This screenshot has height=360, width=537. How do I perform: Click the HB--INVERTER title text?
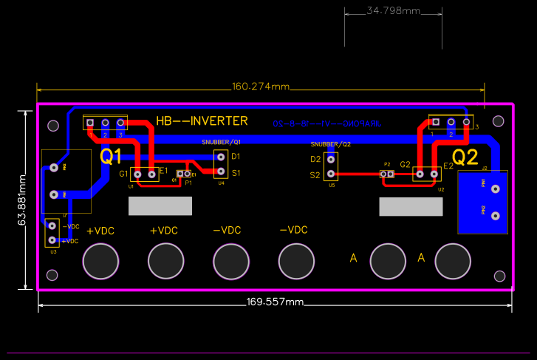(202, 121)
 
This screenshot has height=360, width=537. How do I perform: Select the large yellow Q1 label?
(111, 156)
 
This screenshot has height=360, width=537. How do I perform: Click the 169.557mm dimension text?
(274, 302)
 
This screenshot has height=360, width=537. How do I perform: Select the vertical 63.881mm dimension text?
(22, 200)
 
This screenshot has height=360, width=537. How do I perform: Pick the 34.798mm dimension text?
(393, 11)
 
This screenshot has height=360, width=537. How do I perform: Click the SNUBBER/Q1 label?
(222, 140)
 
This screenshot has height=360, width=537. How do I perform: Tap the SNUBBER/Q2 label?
(330, 144)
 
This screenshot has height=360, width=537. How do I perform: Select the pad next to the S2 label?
(331, 174)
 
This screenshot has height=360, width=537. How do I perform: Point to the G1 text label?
(123, 174)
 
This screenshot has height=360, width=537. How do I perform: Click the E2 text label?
(448, 166)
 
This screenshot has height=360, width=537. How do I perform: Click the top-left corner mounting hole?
(52, 126)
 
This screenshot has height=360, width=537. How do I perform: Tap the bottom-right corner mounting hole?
(499, 276)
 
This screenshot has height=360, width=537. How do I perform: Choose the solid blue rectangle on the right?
(484, 202)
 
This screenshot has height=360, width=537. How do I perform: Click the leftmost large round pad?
(100, 260)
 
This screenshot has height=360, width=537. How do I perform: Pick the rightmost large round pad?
(453, 260)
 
